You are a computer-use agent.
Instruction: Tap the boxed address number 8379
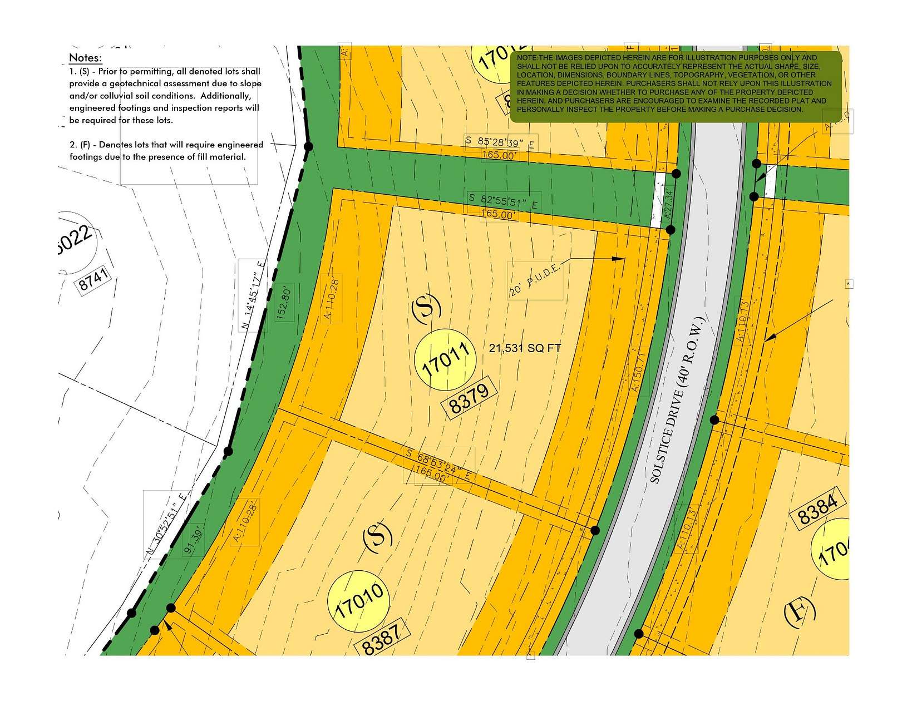click(469, 398)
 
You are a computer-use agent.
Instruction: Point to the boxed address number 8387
click(382, 640)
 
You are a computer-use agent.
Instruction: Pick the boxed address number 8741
click(93, 279)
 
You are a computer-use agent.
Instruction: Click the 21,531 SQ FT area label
click(525, 349)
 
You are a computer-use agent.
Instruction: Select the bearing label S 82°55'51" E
click(502, 201)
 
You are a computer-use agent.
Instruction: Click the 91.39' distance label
click(194, 543)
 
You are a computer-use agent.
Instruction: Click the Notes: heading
click(85, 58)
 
